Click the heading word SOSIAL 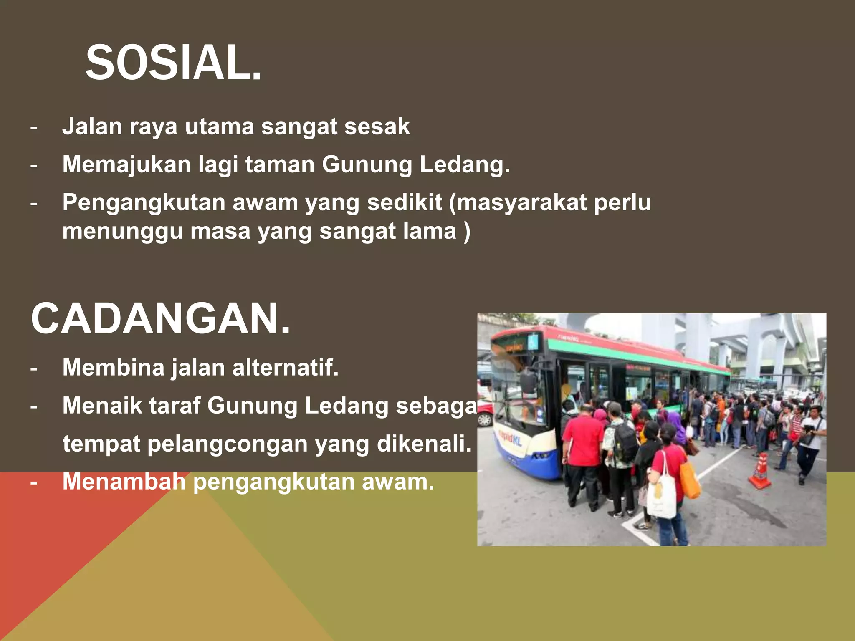(x=174, y=63)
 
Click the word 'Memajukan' (x=126, y=164)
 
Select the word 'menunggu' (x=122, y=232)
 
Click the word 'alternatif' (x=285, y=368)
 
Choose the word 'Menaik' (x=102, y=406)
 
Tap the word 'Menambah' (x=124, y=482)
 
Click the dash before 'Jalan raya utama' (x=34, y=127)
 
